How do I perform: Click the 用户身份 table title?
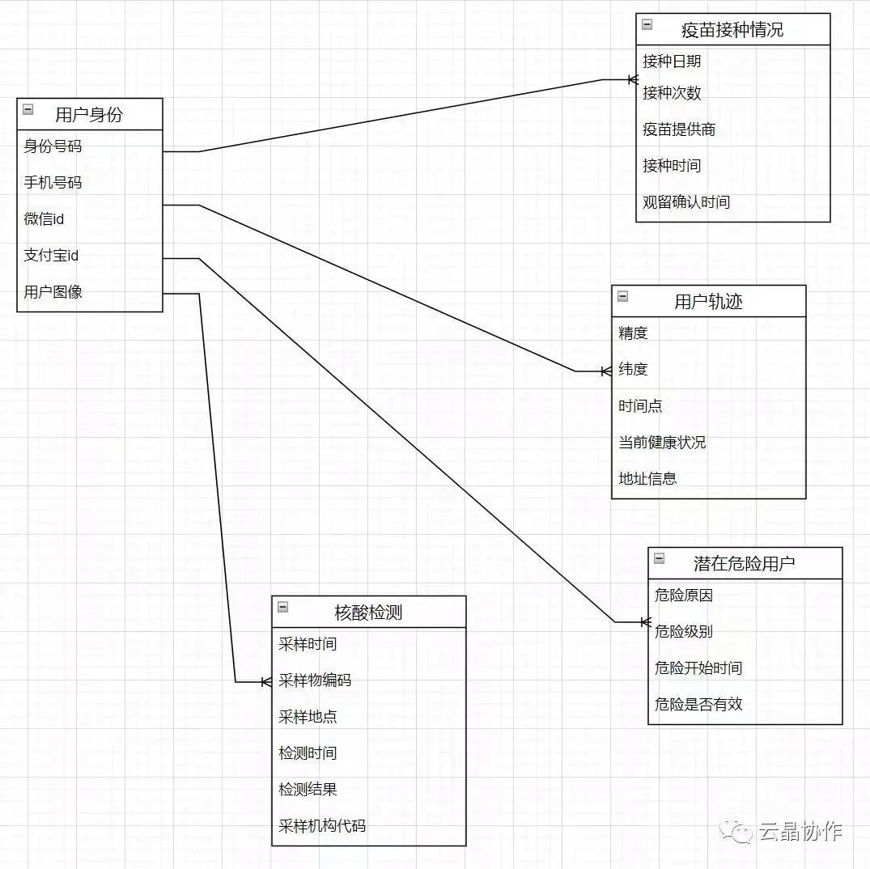[x=89, y=115]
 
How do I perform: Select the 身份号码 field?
[x=53, y=146]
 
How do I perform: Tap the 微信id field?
[x=44, y=219]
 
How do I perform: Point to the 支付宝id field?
[x=51, y=256]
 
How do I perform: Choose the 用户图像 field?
[x=53, y=292]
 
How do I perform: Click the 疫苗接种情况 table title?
[x=732, y=31]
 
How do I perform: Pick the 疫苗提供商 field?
[x=679, y=129]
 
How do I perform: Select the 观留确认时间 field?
[x=686, y=202]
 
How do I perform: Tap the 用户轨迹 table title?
[x=708, y=302]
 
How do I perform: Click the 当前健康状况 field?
[x=662, y=443]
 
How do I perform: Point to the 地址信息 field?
[x=647, y=479]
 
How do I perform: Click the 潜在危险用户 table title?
[x=745, y=563]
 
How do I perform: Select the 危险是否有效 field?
[x=698, y=705]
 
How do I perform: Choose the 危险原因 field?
[x=684, y=596]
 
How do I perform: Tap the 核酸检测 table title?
[x=368, y=613]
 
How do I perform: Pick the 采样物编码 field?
[x=315, y=680]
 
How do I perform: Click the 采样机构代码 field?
[x=322, y=826]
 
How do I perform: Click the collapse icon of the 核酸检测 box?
[x=283, y=607]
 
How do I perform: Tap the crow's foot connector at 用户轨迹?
[x=605, y=371]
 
